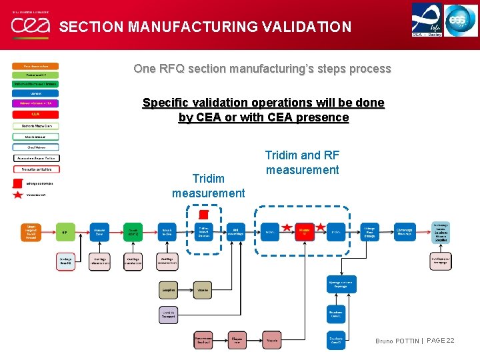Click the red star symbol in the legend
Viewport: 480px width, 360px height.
click(x=18, y=195)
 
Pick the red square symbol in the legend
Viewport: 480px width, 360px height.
click(x=18, y=183)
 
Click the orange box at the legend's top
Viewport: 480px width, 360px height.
click(x=35, y=66)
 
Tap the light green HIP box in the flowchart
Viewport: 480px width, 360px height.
click(x=65, y=233)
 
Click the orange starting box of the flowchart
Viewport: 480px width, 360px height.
click(x=31, y=233)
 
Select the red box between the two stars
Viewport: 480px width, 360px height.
click(x=304, y=233)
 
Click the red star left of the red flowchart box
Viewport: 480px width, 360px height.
click(x=287, y=228)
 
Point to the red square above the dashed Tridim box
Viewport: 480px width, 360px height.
click(x=204, y=214)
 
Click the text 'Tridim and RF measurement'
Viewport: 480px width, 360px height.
click(x=302, y=163)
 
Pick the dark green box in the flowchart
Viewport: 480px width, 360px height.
click(x=134, y=233)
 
